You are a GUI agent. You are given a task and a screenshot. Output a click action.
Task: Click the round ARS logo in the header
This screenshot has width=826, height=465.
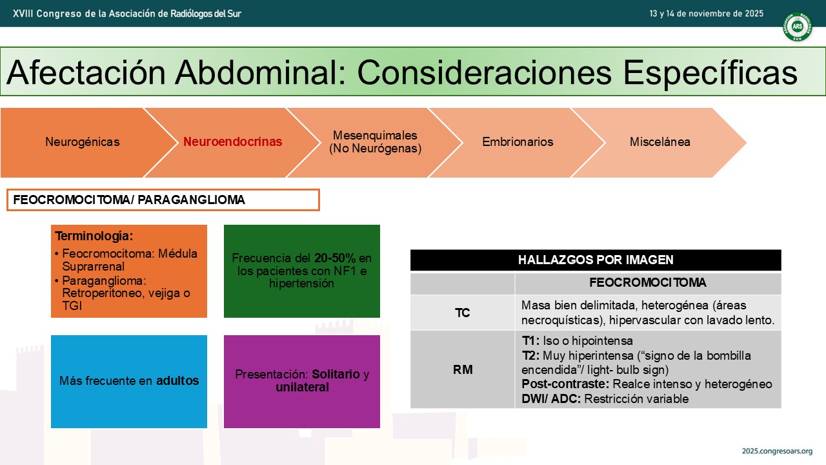coord(797,26)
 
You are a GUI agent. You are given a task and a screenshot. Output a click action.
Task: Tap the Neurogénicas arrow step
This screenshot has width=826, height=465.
coord(83,142)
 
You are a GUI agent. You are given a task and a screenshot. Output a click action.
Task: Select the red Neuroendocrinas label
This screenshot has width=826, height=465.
coord(233,141)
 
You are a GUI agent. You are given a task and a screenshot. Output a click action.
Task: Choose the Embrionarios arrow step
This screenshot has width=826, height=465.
coord(518,142)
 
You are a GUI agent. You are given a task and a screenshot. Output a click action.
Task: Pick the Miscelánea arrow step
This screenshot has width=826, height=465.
coord(660,142)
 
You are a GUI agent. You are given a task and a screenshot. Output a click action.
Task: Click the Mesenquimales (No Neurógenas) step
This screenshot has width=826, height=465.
coord(375,142)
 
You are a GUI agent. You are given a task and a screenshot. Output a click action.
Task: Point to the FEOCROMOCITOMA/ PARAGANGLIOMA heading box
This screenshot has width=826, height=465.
coord(163,200)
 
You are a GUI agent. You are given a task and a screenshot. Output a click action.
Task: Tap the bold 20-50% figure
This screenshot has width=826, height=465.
coord(335,258)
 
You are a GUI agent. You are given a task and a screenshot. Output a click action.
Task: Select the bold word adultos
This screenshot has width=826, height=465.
coord(177,380)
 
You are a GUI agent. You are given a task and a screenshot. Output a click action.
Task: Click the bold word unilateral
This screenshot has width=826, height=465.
coord(302,387)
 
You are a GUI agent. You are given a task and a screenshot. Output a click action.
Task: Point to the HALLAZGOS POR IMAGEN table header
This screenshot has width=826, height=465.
coord(596,260)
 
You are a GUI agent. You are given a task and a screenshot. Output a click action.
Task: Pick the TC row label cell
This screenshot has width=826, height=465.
coord(463,313)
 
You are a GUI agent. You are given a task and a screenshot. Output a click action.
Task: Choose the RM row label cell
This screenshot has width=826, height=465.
coord(463,369)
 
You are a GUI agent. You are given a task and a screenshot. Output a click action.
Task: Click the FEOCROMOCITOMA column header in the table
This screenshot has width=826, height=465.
coord(648,283)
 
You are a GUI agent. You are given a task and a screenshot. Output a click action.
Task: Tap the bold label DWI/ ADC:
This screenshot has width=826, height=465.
coord(551,399)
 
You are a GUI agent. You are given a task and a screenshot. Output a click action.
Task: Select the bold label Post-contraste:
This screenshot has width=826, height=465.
coord(565,384)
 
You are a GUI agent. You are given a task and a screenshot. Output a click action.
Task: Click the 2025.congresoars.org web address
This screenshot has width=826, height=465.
coord(777,451)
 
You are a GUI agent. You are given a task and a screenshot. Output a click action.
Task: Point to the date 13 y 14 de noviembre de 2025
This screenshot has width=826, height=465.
coord(706,14)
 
